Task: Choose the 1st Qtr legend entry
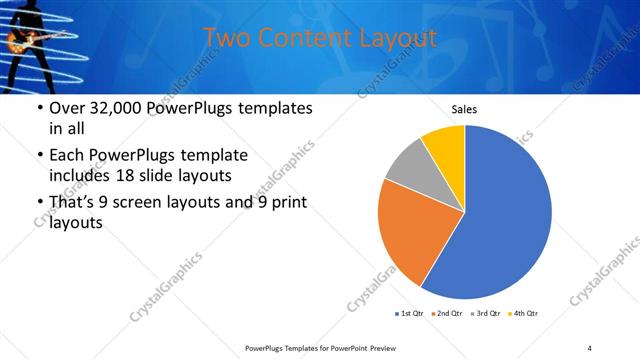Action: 410,314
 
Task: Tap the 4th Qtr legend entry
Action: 524,314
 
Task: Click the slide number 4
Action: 590,347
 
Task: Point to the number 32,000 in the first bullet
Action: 120,109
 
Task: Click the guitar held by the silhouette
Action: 24,41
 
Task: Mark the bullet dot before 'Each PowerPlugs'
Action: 39,156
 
